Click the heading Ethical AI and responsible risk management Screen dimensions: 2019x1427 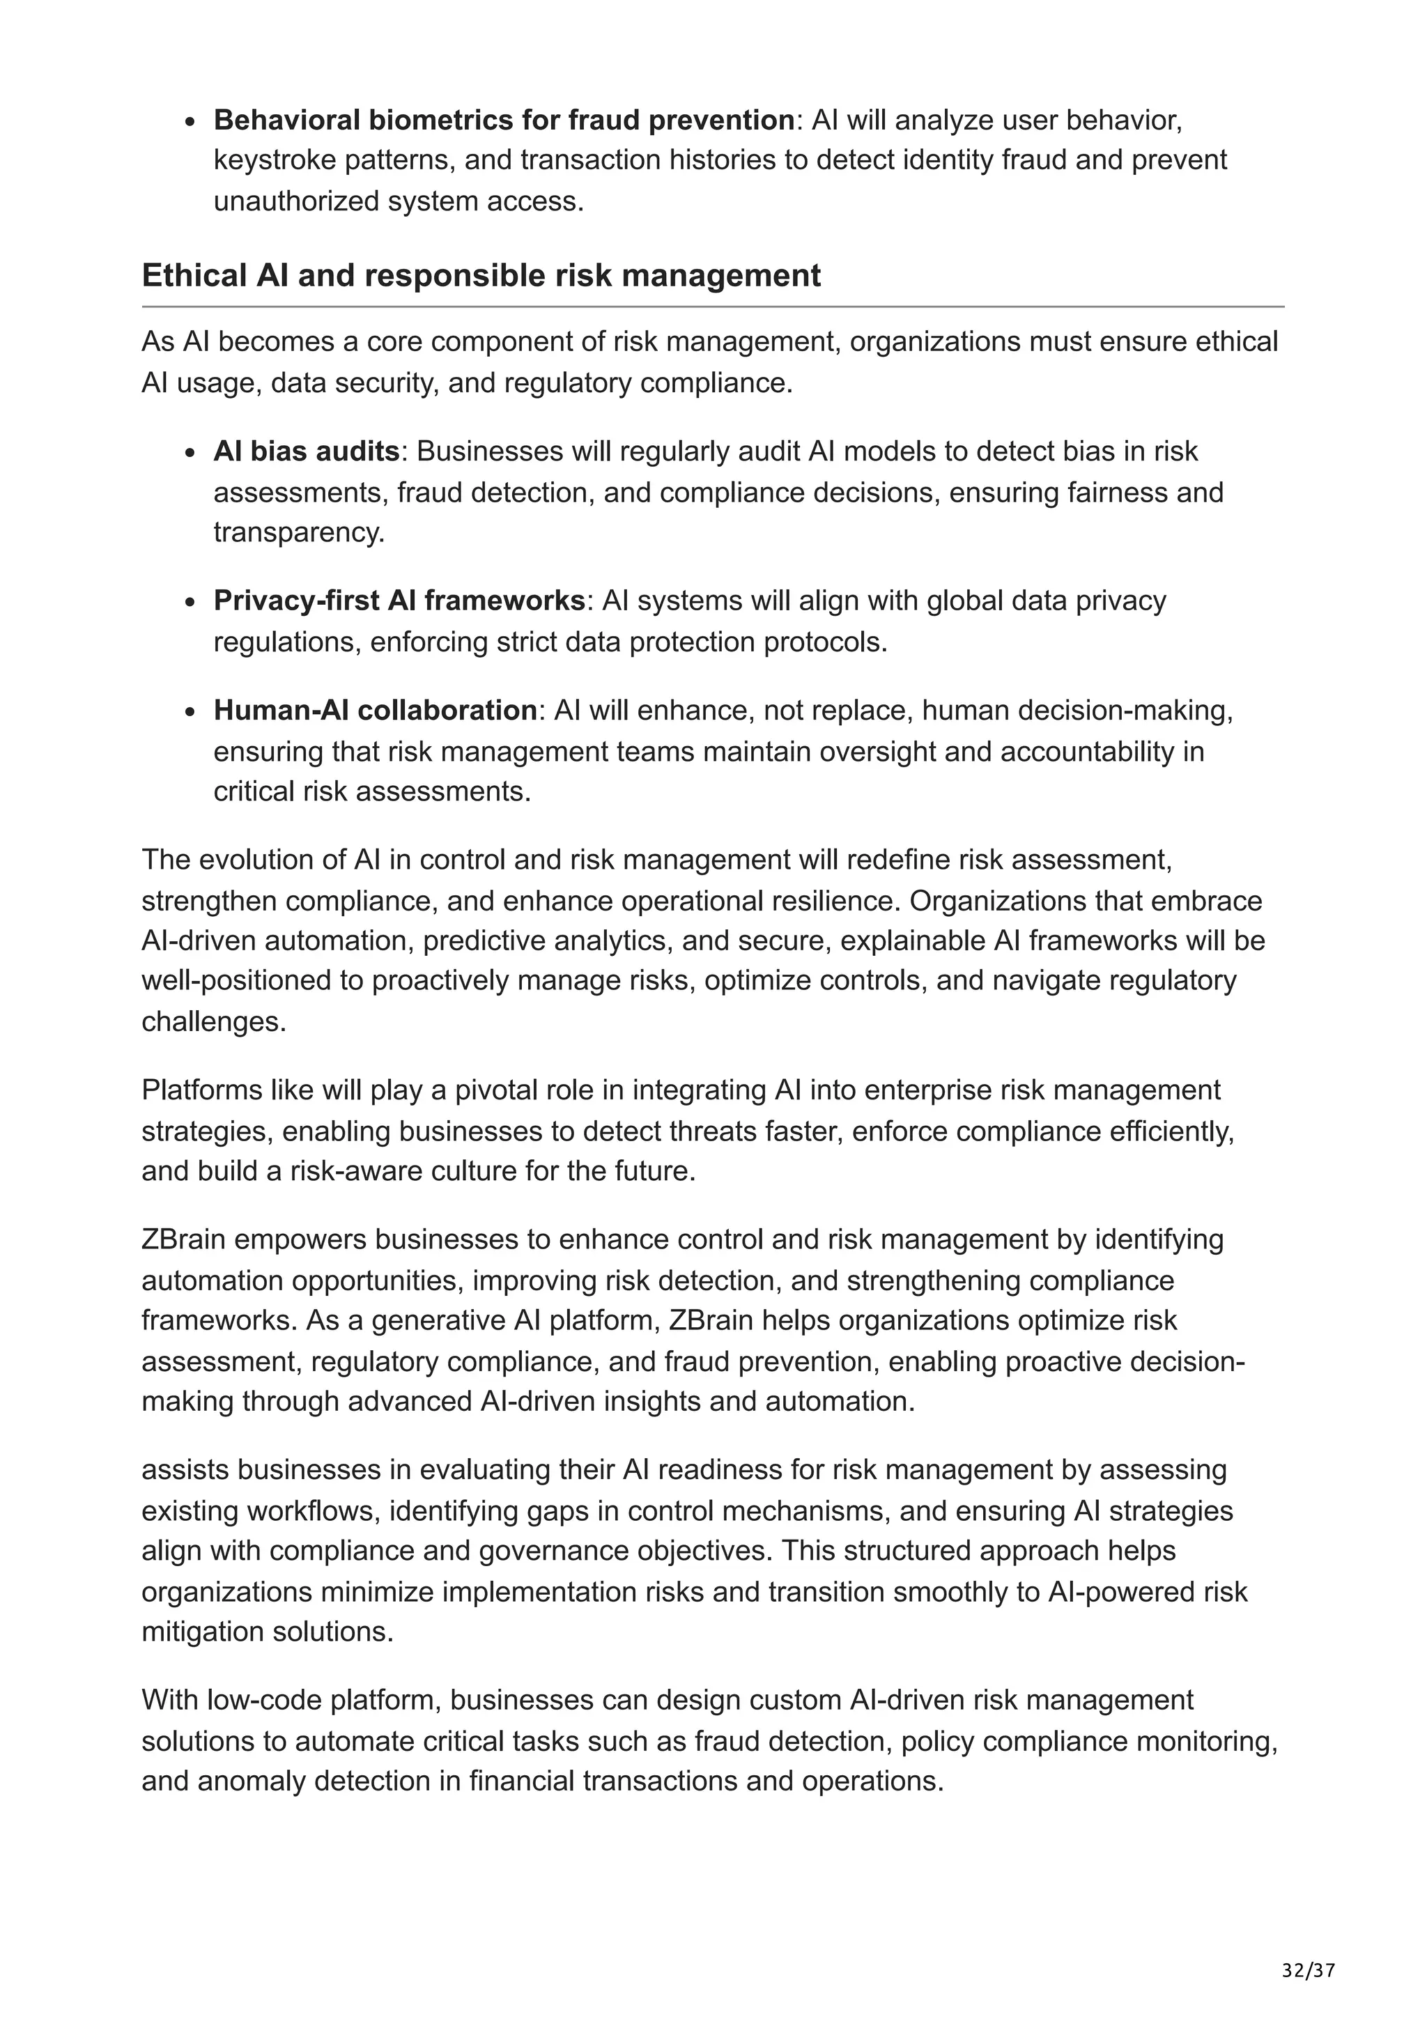point(481,276)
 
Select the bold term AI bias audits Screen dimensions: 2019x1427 point(306,451)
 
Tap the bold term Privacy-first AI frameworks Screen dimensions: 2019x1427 point(399,601)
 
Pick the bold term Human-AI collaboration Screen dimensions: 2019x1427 point(376,710)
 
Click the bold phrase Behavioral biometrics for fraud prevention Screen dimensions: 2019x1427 point(504,120)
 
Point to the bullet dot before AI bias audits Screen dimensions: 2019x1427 point(190,454)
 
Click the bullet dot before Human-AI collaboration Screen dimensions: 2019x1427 point(190,712)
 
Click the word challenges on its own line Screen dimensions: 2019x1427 point(214,1022)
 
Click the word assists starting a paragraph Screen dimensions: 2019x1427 point(185,1469)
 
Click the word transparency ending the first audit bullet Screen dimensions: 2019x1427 point(299,533)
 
